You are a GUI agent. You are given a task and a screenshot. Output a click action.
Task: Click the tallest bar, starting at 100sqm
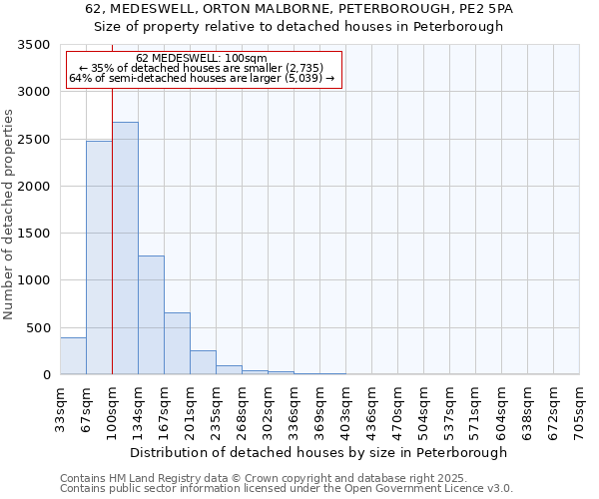pyautogui.click(x=125, y=249)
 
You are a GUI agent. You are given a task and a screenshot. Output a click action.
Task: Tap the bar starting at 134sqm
pyautogui.click(x=151, y=315)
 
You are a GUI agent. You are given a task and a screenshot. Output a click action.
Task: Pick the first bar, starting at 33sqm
pyautogui.click(x=73, y=356)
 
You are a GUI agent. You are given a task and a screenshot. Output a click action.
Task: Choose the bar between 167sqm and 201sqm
pyautogui.click(x=177, y=343)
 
